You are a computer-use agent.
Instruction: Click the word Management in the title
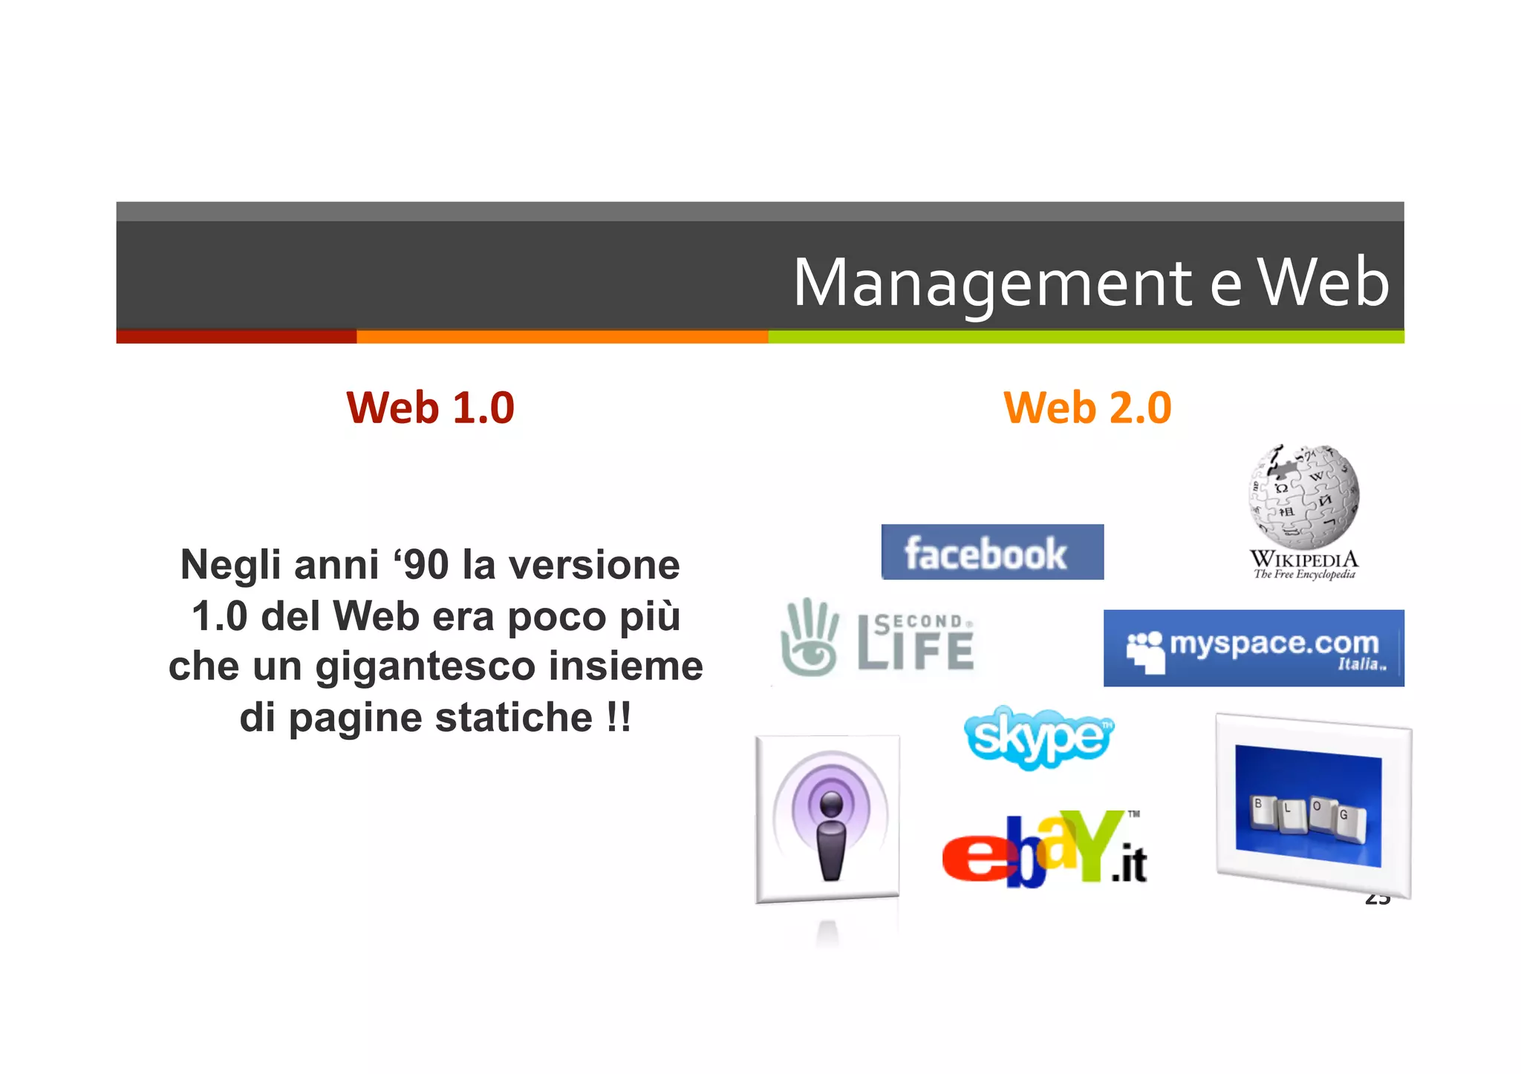coord(993,284)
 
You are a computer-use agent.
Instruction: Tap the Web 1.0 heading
coord(430,407)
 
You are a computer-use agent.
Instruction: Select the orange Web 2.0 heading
coord(1087,407)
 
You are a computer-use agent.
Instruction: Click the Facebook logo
coord(991,552)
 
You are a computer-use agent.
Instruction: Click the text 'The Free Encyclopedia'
coord(1304,574)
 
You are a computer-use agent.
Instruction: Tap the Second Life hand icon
coord(809,637)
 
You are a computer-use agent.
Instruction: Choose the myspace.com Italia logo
coord(1253,648)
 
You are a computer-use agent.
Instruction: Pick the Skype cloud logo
coord(1038,737)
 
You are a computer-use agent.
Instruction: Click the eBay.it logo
coord(1043,850)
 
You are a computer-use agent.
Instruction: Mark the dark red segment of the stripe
coord(236,337)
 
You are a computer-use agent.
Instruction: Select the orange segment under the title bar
coord(561,337)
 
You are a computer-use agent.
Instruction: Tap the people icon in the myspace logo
coord(1144,651)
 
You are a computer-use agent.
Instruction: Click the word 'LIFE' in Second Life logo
coord(916,651)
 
